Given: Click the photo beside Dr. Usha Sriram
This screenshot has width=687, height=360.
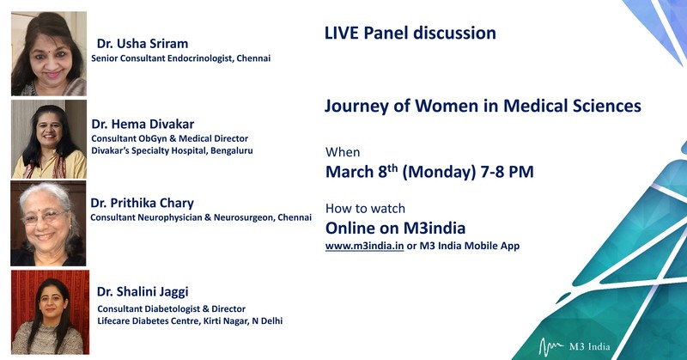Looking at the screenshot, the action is (x=49, y=53).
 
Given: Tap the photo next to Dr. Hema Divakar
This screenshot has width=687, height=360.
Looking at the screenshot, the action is (x=49, y=139).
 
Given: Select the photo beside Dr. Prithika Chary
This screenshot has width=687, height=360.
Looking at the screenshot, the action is (x=48, y=223).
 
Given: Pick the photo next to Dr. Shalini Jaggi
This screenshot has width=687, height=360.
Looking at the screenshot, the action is (x=51, y=312).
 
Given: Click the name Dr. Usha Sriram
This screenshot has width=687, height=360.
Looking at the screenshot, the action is (x=143, y=44).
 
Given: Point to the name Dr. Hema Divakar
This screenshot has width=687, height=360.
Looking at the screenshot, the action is (x=143, y=124).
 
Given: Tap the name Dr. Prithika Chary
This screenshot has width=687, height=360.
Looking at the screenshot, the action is (x=142, y=204).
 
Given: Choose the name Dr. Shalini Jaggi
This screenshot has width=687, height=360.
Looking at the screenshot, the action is (x=143, y=292).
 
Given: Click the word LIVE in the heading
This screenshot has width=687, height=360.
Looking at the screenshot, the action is (x=341, y=34).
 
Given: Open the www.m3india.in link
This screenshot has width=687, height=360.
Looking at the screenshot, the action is (x=364, y=246).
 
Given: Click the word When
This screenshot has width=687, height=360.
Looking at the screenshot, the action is (x=343, y=152).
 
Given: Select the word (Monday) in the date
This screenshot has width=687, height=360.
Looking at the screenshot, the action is (x=439, y=172).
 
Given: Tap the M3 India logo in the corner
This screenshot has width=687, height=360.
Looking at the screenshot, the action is (x=574, y=347).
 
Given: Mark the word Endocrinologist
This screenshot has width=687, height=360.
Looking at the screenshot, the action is (x=200, y=58).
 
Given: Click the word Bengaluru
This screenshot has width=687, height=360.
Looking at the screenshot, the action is (x=231, y=151).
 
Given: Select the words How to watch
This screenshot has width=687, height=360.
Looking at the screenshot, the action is (x=366, y=209).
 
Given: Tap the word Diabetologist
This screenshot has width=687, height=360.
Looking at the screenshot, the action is (x=171, y=309).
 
